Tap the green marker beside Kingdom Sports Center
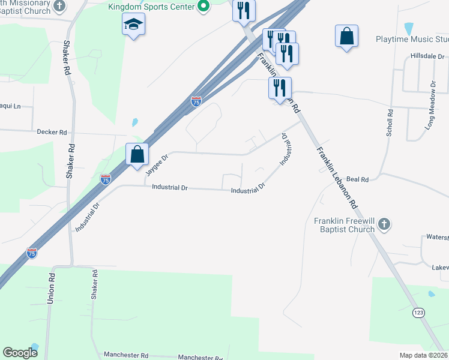click(x=203, y=7)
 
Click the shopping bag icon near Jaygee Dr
click(x=137, y=154)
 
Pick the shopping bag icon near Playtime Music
click(x=347, y=36)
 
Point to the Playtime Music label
click(x=412, y=40)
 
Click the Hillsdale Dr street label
click(x=426, y=56)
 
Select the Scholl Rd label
click(x=390, y=122)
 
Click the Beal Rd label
click(x=373, y=179)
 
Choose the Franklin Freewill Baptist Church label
click(x=345, y=225)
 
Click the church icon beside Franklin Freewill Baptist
click(x=384, y=225)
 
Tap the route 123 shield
click(x=419, y=313)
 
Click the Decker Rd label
click(x=52, y=131)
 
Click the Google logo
click(x=20, y=353)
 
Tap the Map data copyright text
click(x=423, y=355)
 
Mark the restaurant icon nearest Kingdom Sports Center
click(x=244, y=10)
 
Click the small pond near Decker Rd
click(x=134, y=122)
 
